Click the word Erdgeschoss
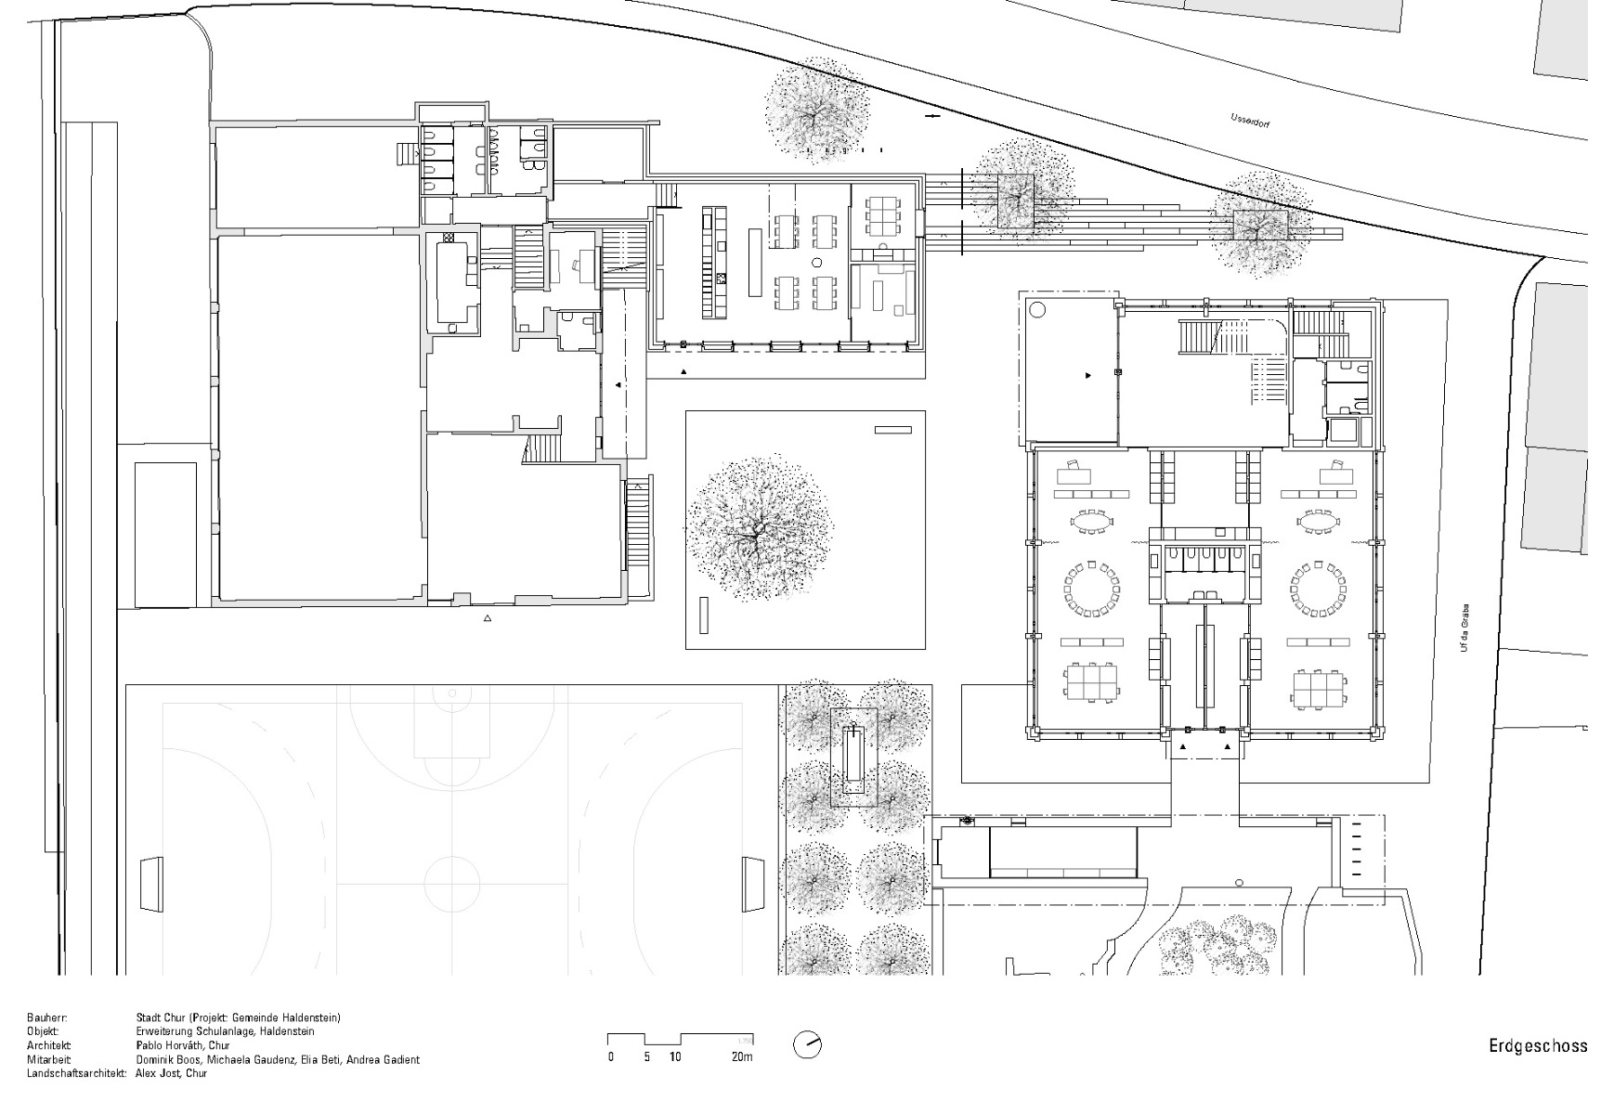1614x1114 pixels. click(x=1538, y=1046)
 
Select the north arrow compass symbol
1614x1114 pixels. click(x=807, y=1045)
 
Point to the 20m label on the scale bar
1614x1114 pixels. click(x=741, y=1057)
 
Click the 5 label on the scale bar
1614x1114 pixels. click(x=647, y=1057)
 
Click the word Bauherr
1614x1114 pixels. click(x=46, y=1018)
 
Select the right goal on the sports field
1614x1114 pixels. click(x=752, y=883)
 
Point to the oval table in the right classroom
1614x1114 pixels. click(x=1319, y=523)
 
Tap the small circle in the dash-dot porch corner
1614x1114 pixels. click(x=1037, y=310)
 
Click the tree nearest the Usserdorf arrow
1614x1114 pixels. click(x=817, y=111)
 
